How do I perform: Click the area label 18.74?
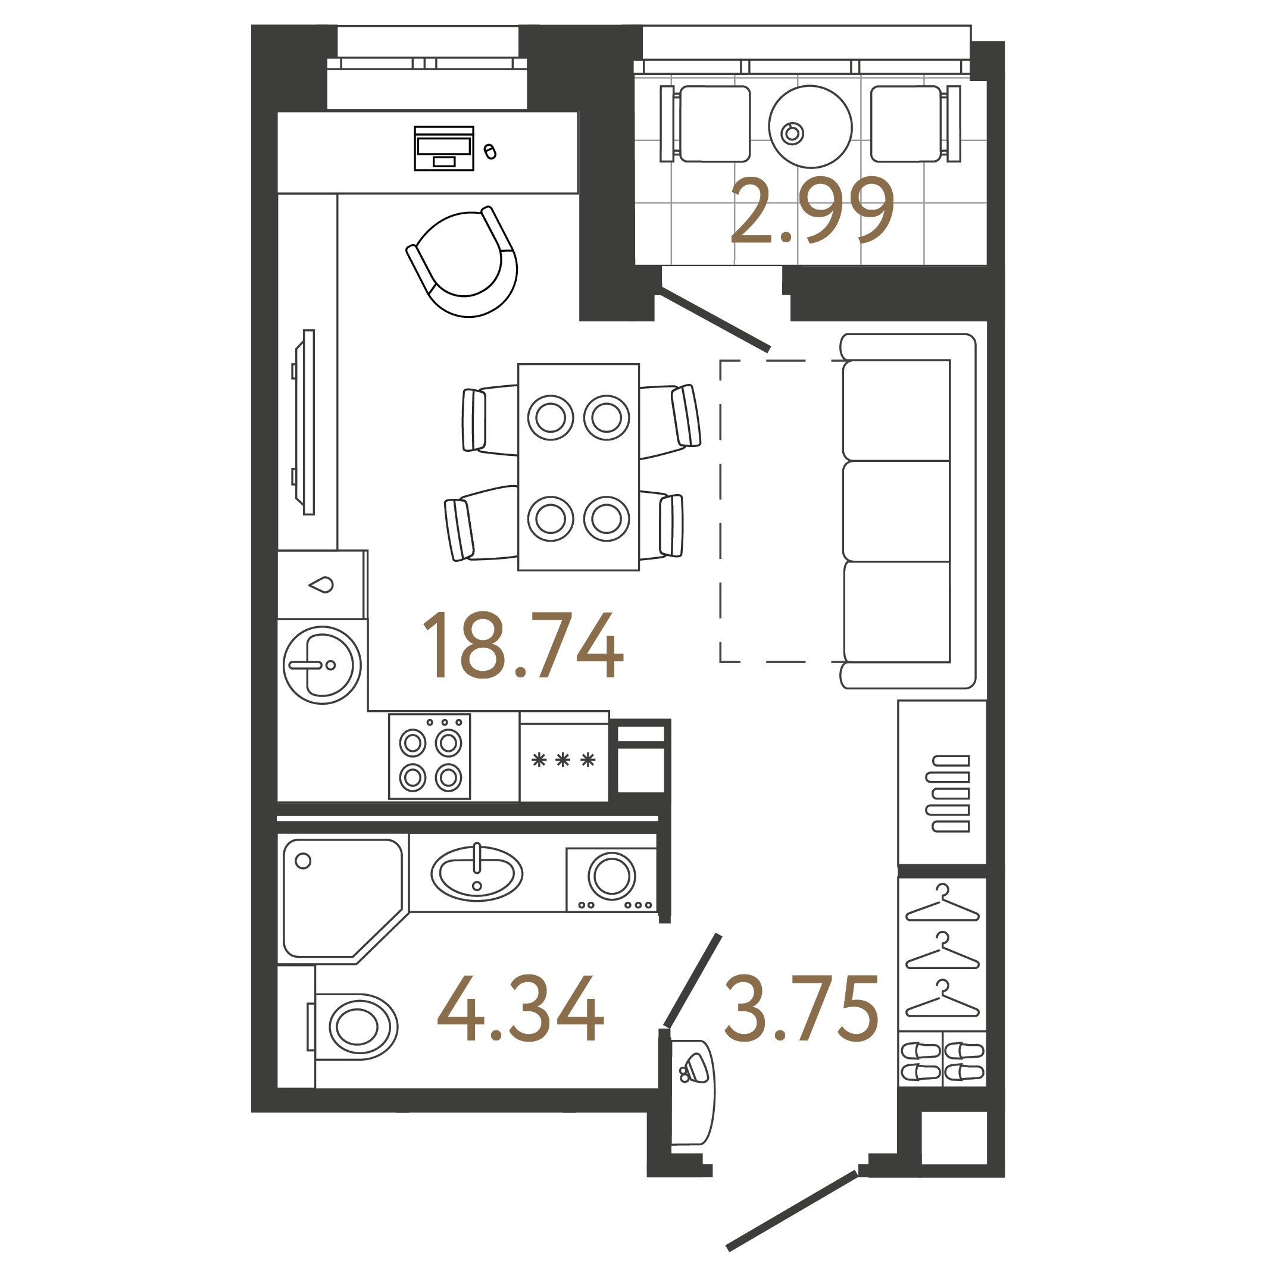[522, 645]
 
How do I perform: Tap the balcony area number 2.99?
[812, 211]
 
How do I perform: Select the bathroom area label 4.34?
[520, 1009]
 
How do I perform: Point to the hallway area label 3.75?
[802, 1009]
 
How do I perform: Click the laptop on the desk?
[444, 148]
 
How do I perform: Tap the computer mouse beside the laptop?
[490, 152]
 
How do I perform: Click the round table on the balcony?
[810, 126]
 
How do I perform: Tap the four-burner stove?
[430, 757]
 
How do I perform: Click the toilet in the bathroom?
[354, 1027]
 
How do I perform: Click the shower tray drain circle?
[303, 861]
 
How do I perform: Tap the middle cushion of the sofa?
[896, 511]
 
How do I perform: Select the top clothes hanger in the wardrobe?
[942, 904]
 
